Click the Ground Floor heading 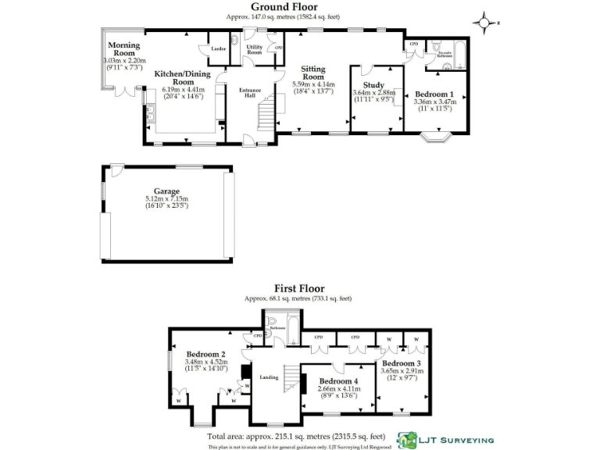click(300, 7)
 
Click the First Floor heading click(299, 288)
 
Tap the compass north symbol click(485, 23)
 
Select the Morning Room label click(123, 49)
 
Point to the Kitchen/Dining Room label click(184, 77)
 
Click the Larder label click(220, 48)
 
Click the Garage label click(166, 191)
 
